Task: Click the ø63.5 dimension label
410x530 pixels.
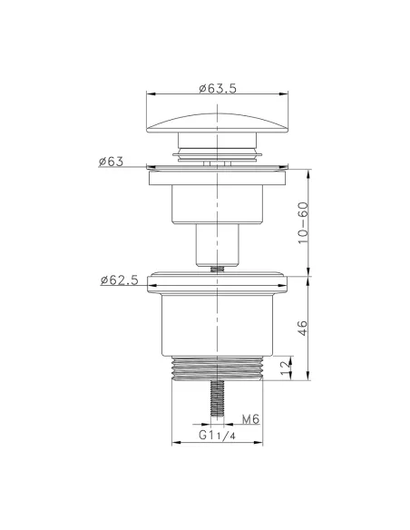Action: click(x=218, y=89)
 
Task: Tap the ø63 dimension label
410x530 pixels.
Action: click(x=111, y=162)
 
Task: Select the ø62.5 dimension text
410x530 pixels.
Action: click(x=120, y=280)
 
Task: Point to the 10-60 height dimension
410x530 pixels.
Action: click(x=303, y=223)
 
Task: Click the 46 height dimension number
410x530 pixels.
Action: click(x=303, y=328)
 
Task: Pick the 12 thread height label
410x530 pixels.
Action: click(x=286, y=368)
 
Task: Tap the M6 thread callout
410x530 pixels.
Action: click(x=250, y=419)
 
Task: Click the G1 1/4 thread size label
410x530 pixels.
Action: click(x=217, y=435)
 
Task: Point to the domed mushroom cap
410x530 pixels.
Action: click(x=217, y=123)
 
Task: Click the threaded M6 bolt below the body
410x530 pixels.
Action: click(x=217, y=398)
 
